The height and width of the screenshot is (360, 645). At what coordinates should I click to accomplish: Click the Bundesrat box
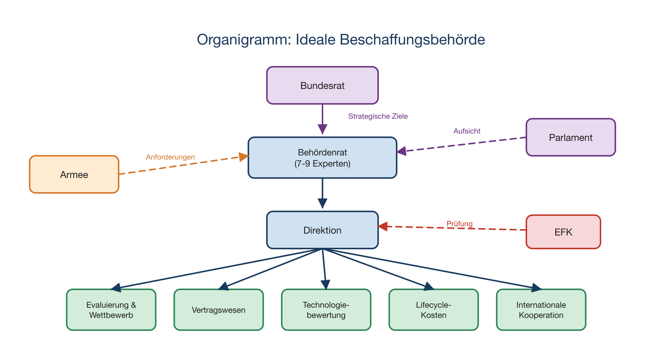(x=322, y=86)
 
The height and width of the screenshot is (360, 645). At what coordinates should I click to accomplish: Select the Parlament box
(x=570, y=137)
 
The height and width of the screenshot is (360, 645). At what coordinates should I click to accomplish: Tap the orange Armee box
(x=74, y=175)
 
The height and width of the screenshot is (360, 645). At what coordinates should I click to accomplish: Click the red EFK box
(x=563, y=232)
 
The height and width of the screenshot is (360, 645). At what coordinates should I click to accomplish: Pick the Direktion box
(x=322, y=230)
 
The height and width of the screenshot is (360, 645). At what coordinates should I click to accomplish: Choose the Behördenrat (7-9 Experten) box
(x=322, y=158)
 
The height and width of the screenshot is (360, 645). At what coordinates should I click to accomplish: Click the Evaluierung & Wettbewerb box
(x=111, y=310)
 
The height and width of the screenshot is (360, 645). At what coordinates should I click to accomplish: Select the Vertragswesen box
(x=219, y=310)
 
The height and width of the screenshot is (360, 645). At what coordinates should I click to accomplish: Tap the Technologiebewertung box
(x=326, y=310)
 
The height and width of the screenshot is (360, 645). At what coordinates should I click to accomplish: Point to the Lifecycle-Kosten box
(x=434, y=310)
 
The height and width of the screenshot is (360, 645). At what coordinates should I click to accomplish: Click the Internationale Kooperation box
(x=541, y=310)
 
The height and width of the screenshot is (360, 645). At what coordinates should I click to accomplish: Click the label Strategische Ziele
(x=378, y=116)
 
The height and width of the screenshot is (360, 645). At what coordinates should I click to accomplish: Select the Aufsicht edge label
(x=467, y=131)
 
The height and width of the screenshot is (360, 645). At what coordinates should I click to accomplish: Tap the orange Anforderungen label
(x=170, y=157)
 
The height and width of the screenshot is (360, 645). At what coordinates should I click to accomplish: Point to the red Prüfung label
(x=459, y=224)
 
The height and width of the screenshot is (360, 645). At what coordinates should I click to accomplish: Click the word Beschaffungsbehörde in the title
(x=412, y=39)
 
